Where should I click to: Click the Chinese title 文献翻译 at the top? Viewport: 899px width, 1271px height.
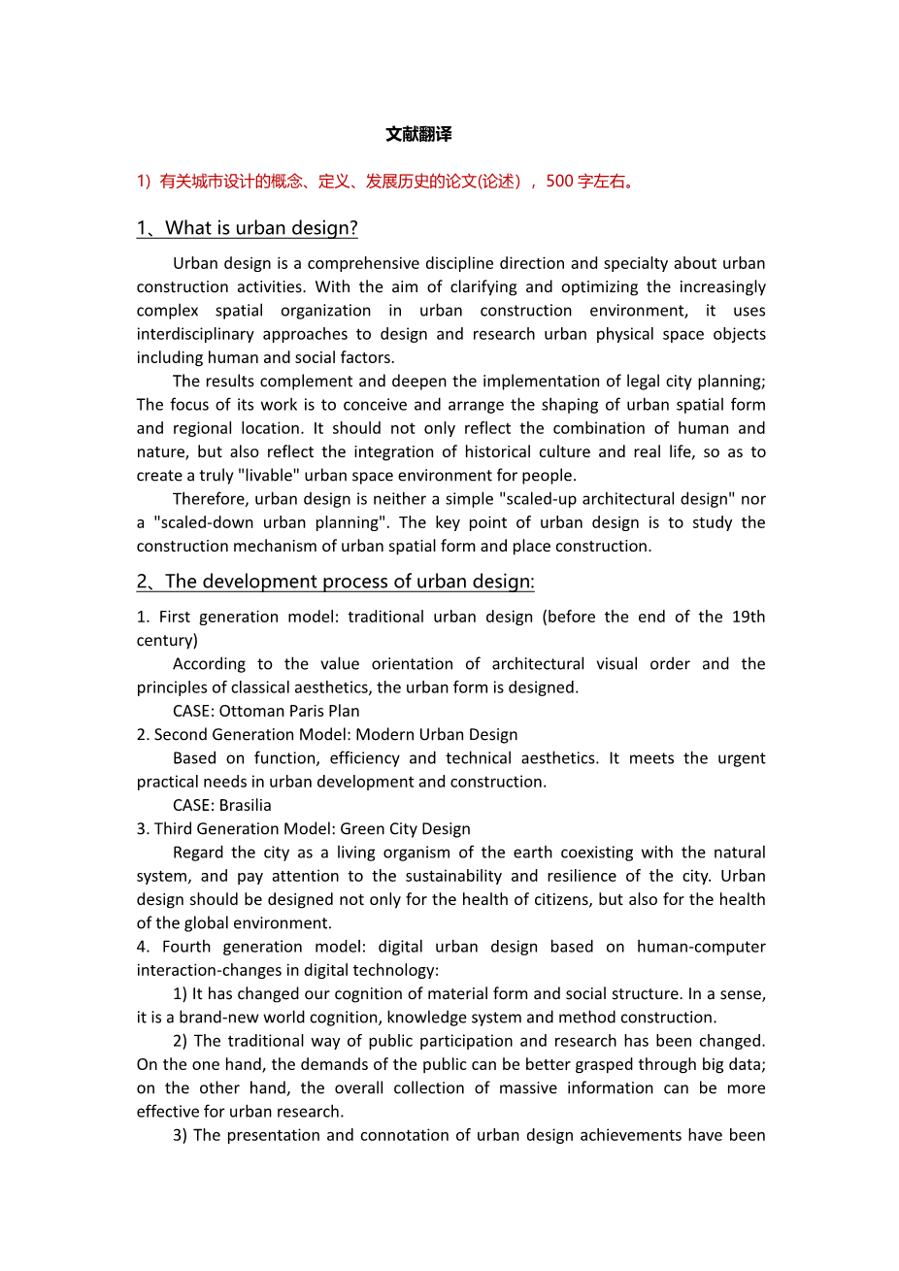tap(418, 134)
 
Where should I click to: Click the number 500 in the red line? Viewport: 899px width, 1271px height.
tap(560, 181)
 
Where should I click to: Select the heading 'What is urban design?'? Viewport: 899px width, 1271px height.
tap(261, 228)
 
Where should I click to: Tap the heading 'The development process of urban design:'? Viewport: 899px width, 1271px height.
tap(350, 582)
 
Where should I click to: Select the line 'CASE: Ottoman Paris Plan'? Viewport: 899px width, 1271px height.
tap(266, 711)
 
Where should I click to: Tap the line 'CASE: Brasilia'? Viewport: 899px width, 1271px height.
tap(222, 805)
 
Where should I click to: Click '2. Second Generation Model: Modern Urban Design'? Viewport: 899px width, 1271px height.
tap(327, 735)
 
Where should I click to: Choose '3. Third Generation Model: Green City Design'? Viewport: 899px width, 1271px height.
tap(303, 829)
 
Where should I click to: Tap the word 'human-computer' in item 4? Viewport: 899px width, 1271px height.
tap(701, 947)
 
